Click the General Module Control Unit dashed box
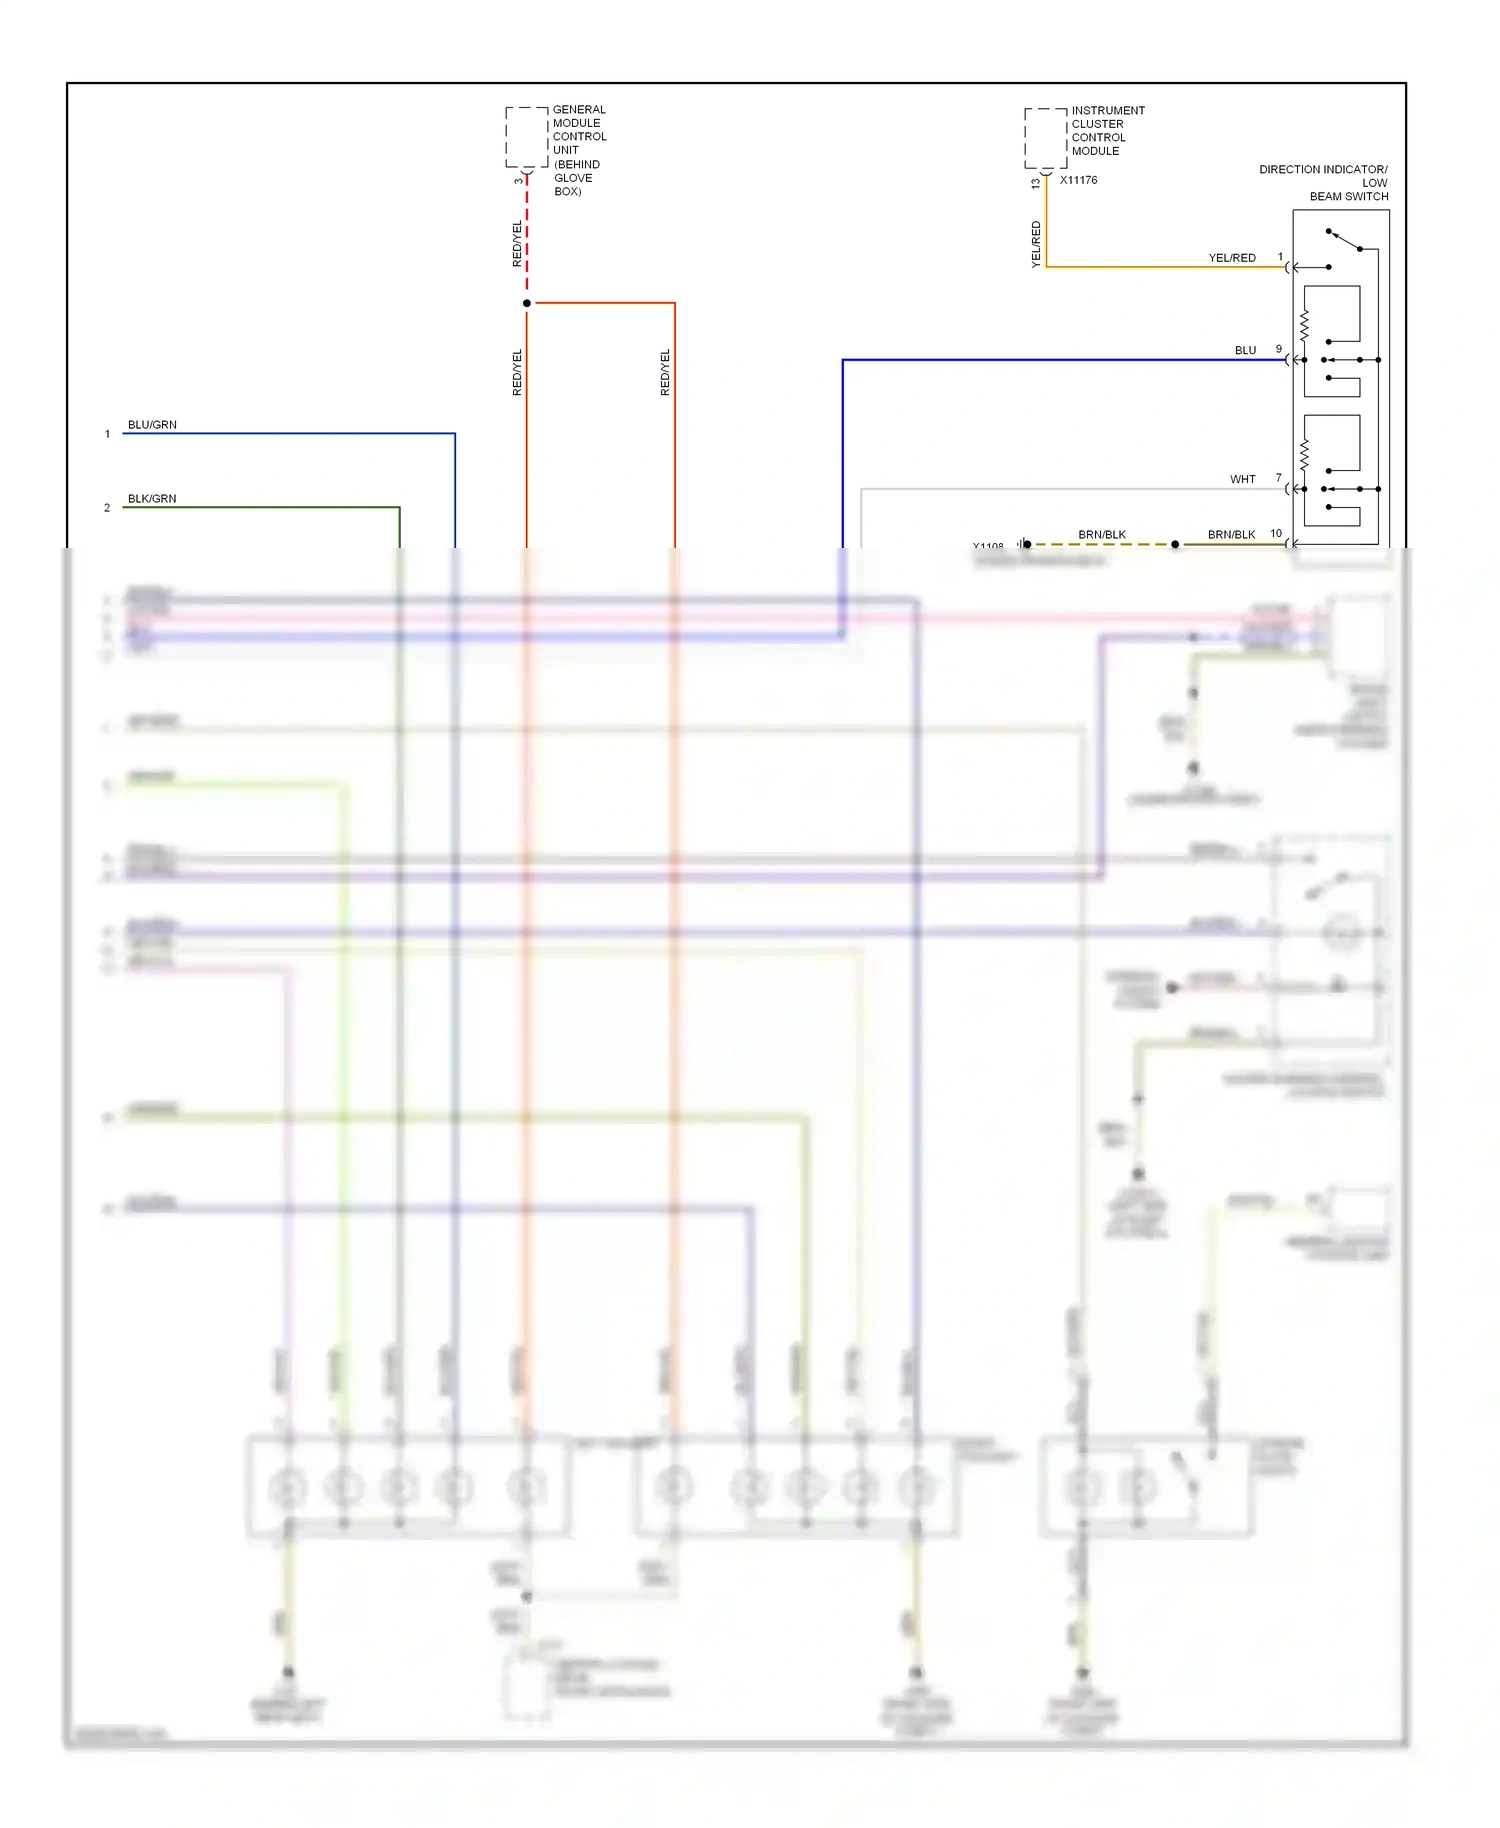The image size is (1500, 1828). click(527, 137)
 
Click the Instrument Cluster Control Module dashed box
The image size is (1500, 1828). click(1045, 138)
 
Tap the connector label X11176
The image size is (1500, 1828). click(1078, 180)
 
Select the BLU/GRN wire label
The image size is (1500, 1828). click(152, 425)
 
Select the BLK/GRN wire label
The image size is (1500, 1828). click(152, 499)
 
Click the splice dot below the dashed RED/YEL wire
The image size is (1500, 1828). click(527, 303)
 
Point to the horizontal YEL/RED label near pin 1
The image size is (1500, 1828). click(1232, 258)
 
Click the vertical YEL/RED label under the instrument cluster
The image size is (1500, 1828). click(1036, 244)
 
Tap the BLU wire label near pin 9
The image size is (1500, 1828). click(1245, 350)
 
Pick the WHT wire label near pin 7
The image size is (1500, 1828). click(1242, 479)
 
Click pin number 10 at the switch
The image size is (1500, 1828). click(1276, 533)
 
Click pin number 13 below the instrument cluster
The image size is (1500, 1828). click(1035, 184)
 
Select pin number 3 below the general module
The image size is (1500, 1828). click(518, 181)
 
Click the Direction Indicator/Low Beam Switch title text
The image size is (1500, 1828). click(1323, 183)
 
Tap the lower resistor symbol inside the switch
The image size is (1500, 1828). click(1304, 455)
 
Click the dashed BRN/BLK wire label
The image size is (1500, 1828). click(1102, 535)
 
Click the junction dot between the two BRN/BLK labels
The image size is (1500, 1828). click(1175, 545)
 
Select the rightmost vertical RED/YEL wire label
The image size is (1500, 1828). click(665, 372)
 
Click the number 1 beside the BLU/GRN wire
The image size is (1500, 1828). click(107, 434)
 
